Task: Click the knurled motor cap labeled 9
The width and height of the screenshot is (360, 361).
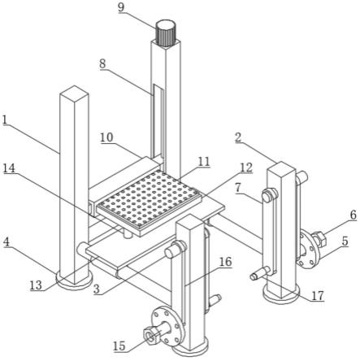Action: (166, 33)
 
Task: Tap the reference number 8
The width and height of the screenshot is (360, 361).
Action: (102, 64)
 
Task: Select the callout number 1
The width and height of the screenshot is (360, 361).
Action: (4, 120)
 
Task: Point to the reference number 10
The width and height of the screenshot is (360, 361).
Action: (106, 137)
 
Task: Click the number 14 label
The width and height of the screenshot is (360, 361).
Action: (9, 169)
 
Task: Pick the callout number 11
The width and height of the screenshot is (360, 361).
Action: (204, 162)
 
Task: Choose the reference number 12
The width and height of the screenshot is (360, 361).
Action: (246, 167)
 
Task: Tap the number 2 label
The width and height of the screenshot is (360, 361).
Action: (238, 137)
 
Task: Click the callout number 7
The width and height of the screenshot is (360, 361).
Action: (237, 189)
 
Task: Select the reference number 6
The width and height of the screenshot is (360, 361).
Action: (353, 215)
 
